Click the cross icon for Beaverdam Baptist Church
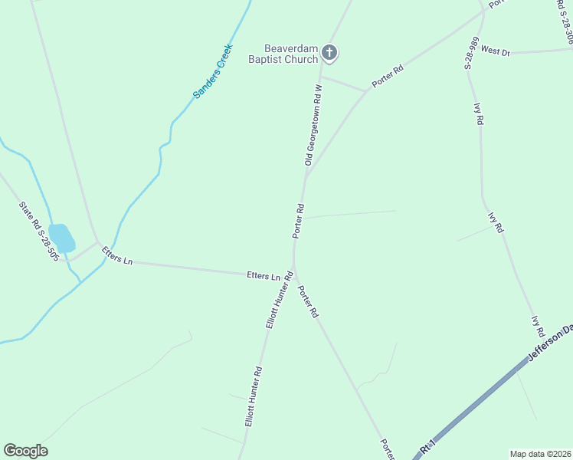[x=329, y=53]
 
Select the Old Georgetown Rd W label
[x=312, y=125]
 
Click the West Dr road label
[x=496, y=51]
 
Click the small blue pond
[x=62, y=238]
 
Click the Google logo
[x=26, y=451]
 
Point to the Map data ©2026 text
[x=540, y=453]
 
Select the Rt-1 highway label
[x=427, y=446]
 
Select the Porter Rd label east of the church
[x=388, y=77]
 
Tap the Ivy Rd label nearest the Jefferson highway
[x=538, y=325]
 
